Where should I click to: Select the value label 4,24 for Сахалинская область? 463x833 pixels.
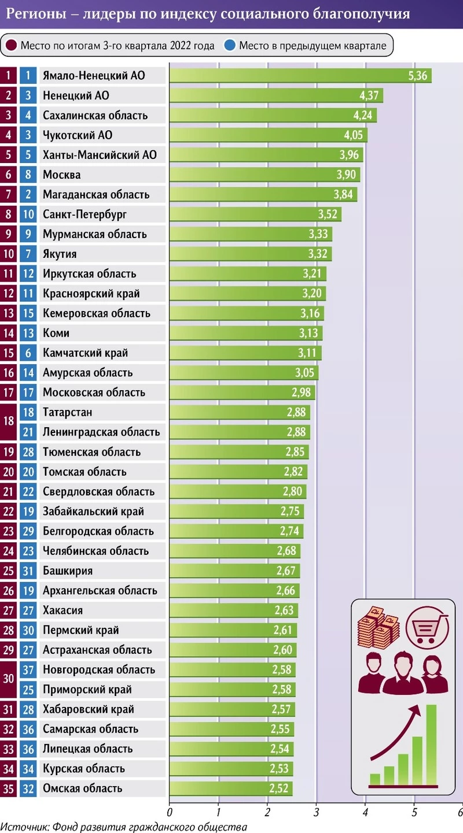(364, 115)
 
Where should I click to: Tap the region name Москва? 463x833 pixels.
(61, 175)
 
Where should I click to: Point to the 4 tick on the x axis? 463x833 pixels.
(365, 811)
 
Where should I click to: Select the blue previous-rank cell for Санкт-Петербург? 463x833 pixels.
(28, 214)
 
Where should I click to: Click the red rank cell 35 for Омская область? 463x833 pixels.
(8, 788)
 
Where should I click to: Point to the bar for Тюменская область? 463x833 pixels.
(238, 452)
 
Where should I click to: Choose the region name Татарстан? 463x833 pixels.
(67, 412)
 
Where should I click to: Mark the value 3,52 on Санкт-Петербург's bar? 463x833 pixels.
(329, 214)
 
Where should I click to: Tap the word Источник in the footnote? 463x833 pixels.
(23, 827)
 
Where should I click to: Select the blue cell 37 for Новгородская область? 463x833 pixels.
(28, 670)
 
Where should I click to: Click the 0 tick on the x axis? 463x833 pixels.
(170, 811)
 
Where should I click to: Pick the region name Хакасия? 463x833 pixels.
(63, 610)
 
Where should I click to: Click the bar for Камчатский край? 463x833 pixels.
(245, 353)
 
